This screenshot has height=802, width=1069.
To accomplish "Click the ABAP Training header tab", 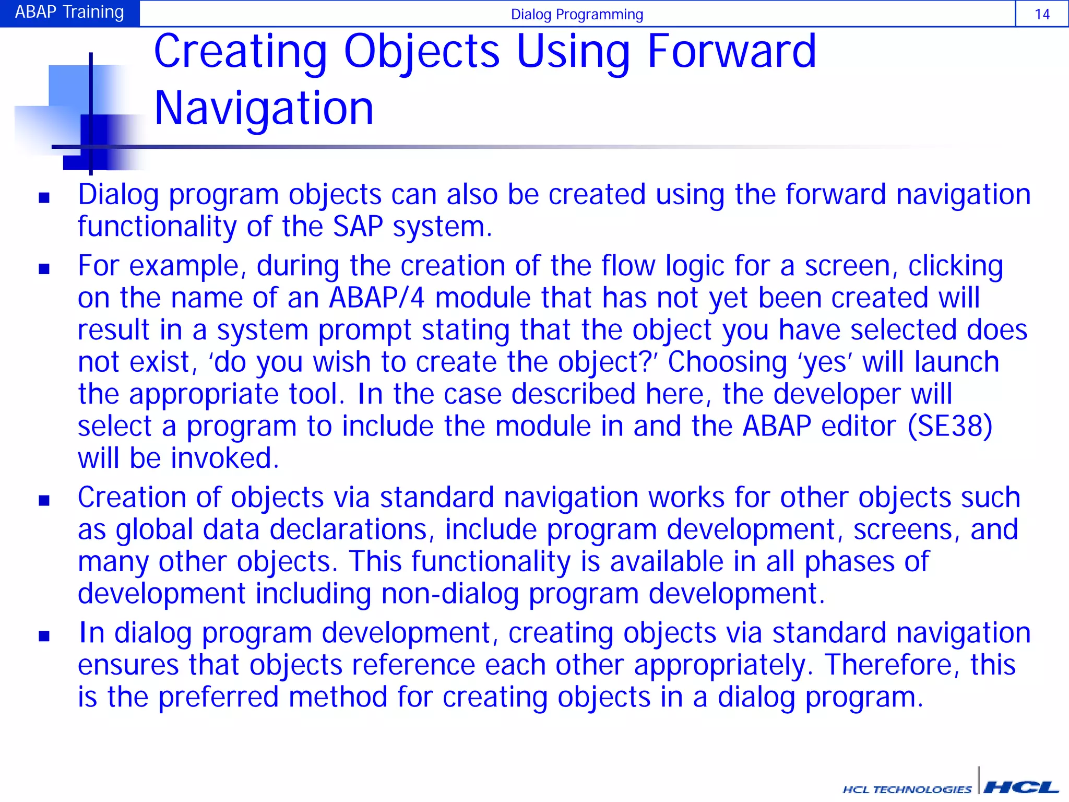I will pyautogui.click(x=69, y=12).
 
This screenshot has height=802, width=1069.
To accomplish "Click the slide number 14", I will pyautogui.click(x=1041, y=14).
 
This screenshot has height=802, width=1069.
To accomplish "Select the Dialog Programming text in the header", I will pyautogui.click(x=577, y=15).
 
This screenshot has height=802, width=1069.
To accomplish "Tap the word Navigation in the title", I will pyautogui.click(x=264, y=108).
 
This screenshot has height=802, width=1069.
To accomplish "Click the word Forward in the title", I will pyautogui.click(x=731, y=51).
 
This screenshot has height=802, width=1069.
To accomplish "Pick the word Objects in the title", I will pyautogui.click(x=421, y=51).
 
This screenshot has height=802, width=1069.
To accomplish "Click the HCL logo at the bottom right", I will pyautogui.click(x=1020, y=787).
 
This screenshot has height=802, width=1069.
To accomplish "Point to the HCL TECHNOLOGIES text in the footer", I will pyautogui.click(x=907, y=789).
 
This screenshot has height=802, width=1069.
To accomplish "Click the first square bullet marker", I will pyautogui.click(x=44, y=197).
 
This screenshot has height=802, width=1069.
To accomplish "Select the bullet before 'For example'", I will pyautogui.click(x=44, y=269).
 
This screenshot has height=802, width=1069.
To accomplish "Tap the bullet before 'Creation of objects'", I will pyautogui.click(x=44, y=501).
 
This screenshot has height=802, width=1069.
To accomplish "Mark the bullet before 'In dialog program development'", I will pyautogui.click(x=44, y=636).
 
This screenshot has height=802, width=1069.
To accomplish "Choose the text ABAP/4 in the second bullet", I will pyautogui.click(x=376, y=298).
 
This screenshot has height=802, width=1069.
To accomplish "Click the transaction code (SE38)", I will pyautogui.click(x=949, y=427).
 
